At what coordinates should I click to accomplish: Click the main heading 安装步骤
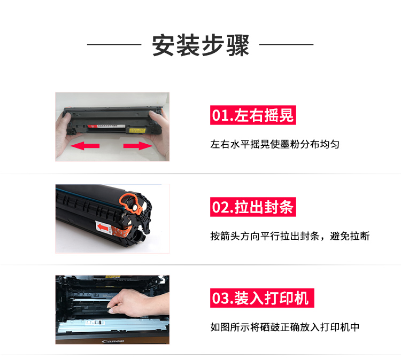pyautogui.click(x=200, y=45)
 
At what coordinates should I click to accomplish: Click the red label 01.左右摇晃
pyautogui.click(x=253, y=115)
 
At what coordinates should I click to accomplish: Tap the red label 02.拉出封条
pyautogui.click(x=253, y=207)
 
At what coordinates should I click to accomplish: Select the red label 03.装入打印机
pyautogui.click(x=262, y=298)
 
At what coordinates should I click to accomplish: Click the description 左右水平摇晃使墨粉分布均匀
pyautogui.click(x=275, y=145)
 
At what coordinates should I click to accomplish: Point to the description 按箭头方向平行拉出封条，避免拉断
pyautogui.click(x=290, y=236)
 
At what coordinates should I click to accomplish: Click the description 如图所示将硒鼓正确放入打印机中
pyautogui.click(x=285, y=327)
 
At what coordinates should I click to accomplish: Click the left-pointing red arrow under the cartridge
pyautogui.click(x=85, y=146)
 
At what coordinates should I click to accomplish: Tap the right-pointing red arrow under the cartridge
pyautogui.click(x=138, y=146)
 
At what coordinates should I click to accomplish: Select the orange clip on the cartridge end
pyautogui.click(x=131, y=203)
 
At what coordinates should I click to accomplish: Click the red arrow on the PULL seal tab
pyautogui.click(x=103, y=226)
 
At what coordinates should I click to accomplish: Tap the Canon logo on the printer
pyautogui.click(x=113, y=341)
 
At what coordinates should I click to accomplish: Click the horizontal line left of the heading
pyautogui.click(x=114, y=44)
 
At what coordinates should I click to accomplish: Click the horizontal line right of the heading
pyautogui.click(x=286, y=44)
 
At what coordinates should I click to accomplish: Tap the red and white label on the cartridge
pyautogui.click(x=106, y=127)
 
